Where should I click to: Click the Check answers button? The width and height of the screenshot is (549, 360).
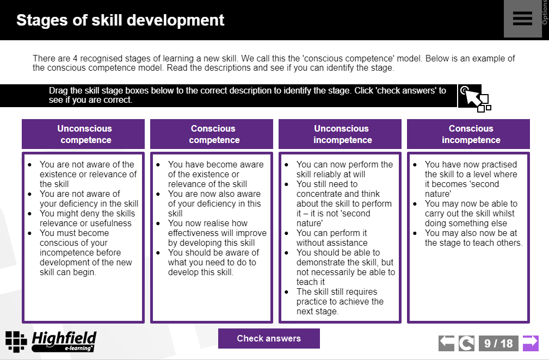click(269, 338)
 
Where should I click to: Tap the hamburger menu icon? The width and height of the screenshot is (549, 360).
click(522, 18)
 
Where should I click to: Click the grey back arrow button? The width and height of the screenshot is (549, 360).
click(447, 343)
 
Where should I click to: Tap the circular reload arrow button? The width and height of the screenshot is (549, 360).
click(466, 343)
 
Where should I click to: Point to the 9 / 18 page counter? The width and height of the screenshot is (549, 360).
click(498, 343)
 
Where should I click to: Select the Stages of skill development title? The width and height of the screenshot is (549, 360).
click(120, 20)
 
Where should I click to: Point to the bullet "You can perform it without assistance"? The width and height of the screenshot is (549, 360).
click(331, 238)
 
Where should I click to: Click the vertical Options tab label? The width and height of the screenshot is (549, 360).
click(545, 14)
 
